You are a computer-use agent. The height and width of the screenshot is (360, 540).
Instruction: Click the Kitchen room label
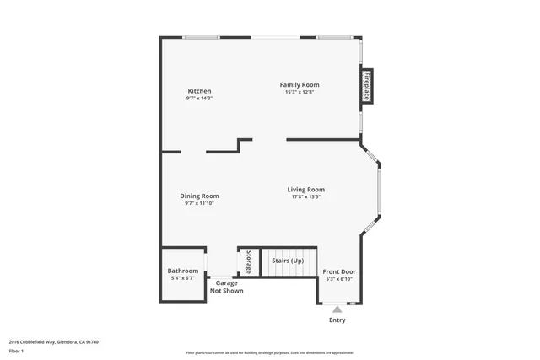tap(199, 91)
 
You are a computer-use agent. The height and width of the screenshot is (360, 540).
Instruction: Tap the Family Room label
tap(300, 84)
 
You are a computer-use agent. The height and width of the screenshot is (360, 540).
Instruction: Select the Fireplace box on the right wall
tap(367, 86)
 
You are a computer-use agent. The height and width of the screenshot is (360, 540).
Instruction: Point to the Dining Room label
tap(199, 196)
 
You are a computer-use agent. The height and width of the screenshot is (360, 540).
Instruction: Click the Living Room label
tap(305, 190)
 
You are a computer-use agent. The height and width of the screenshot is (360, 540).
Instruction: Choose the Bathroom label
tap(183, 271)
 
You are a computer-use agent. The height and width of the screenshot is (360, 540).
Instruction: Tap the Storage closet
tap(248, 261)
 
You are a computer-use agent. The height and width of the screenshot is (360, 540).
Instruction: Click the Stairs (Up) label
tap(288, 261)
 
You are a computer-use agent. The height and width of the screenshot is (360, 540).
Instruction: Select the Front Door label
tap(339, 271)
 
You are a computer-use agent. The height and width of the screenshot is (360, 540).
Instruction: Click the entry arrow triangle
tap(337, 309)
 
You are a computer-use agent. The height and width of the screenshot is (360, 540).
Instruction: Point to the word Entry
tap(337, 320)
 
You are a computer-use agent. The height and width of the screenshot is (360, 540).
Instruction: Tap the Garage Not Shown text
tap(226, 287)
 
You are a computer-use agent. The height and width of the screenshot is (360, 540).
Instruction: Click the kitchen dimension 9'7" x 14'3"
tap(199, 99)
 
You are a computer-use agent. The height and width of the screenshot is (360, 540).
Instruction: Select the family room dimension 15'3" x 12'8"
tap(300, 92)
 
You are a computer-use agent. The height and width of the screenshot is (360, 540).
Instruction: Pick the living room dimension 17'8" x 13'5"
tap(305, 197)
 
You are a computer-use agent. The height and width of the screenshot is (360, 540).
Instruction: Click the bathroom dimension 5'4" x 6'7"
tap(183, 278)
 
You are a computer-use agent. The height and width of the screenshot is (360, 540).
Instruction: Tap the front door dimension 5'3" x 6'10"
tap(339, 279)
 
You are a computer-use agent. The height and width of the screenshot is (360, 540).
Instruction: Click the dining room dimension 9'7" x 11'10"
tap(199, 203)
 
